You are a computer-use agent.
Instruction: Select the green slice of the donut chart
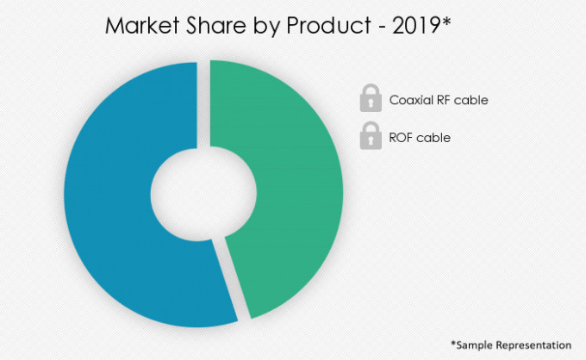293,189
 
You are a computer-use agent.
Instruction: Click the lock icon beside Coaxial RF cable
371,100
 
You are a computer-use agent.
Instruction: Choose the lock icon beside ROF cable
371,136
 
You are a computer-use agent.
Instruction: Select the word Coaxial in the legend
411,100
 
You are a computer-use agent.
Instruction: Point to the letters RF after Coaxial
446,100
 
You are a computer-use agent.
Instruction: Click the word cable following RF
473,100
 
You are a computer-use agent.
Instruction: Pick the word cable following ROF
435,137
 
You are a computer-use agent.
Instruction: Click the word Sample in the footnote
475,344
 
